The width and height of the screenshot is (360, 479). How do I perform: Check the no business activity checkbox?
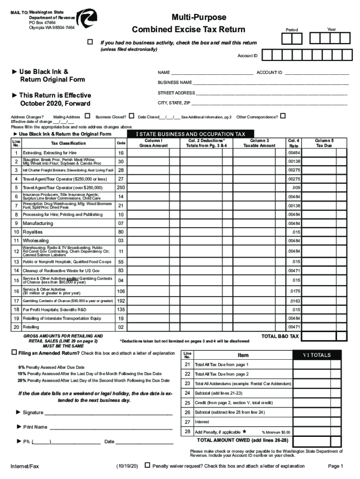tap(91, 43)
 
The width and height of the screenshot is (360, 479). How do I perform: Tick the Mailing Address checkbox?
tap(87, 116)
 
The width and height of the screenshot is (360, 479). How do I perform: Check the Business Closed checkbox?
tap(131, 116)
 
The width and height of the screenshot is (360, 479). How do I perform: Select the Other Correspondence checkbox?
tap(282, 116)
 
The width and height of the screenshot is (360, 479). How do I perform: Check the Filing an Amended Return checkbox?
tap(14, 352)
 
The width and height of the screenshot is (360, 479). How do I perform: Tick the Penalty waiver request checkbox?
tap(147, 465)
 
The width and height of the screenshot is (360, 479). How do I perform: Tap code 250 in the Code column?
tap(121, 188)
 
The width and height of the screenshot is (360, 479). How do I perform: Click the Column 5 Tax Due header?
tap(324, 143)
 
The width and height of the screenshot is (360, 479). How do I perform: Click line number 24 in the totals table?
tap(187, 393)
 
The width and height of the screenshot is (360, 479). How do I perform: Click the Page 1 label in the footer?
tap(336, 466)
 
